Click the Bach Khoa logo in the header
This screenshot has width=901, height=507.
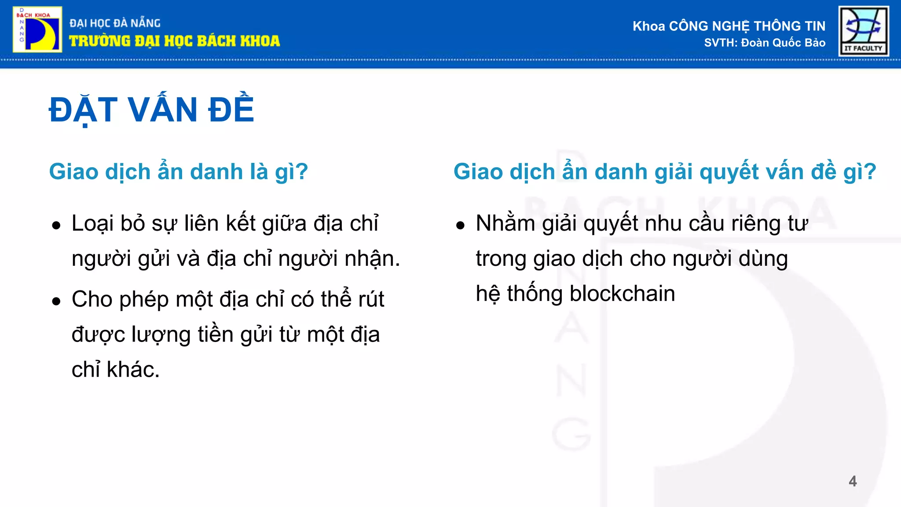[x=37, y=29]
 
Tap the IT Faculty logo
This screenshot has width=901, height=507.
[x=864, y=31]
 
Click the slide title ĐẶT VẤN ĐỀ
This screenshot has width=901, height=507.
[x=151, y=110]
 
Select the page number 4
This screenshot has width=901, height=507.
[x=853, y=481]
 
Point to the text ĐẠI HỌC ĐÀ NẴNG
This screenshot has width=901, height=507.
[x=115, y=23]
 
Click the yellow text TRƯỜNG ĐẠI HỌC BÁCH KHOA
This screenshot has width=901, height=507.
[x=174, y=41]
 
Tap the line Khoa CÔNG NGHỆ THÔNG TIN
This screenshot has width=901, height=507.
[x=729, y=26]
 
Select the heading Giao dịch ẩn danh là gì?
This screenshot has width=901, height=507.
[x=178, y=171]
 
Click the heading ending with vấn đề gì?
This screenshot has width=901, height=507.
[x=665, y=171]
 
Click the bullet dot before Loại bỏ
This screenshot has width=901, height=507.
[x=56, y=226]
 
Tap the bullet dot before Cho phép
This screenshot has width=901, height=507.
[x=56, y=301]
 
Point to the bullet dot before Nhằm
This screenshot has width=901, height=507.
[x=460, y=226]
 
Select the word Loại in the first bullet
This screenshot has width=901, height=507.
[x=92, y=223]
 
